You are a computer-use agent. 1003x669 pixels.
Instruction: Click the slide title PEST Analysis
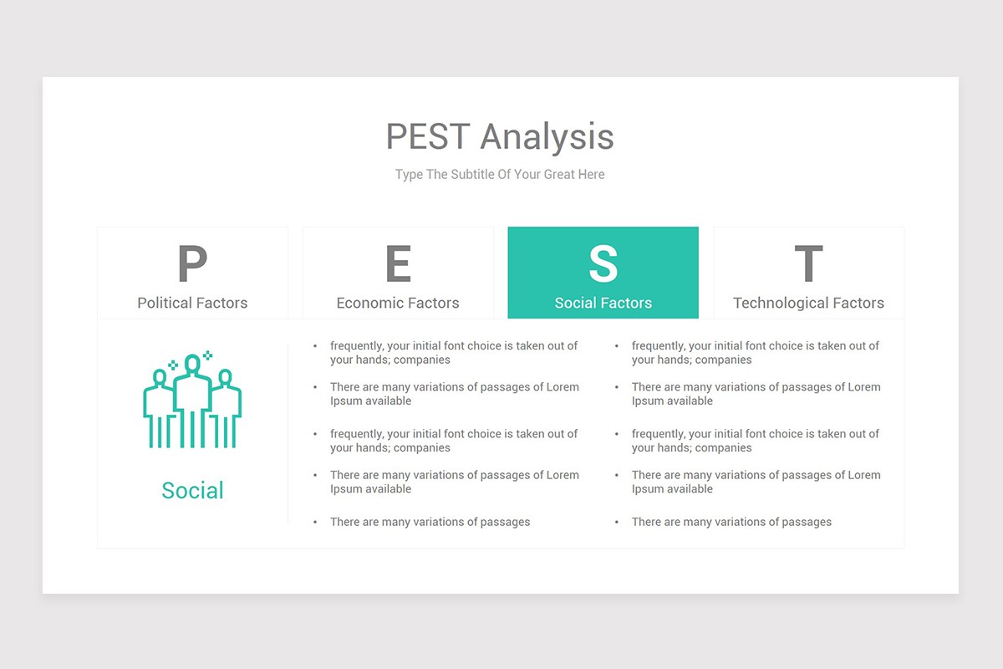point(500,136)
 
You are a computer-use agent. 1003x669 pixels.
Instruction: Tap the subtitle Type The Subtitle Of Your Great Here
point(500,174)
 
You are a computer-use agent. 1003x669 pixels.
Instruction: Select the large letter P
point(192,263)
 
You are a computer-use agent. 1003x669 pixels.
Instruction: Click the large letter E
point(398,263)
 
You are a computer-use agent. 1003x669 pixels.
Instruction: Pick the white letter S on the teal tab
point(603,263)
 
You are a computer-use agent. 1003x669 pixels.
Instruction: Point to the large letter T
point(808,263)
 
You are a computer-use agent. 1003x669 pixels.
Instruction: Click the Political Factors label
point(192,303)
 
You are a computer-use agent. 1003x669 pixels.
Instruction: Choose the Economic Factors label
point(398,303)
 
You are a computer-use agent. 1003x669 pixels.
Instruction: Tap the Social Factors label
point(603,303)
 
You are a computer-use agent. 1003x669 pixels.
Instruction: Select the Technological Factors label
point(808,304)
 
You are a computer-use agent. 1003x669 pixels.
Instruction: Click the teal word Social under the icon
point(192,490)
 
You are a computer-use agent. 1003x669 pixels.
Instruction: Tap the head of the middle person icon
point(192,363)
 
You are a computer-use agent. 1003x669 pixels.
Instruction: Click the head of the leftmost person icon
point(160,377)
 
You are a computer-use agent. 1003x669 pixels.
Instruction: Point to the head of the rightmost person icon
point(225,377)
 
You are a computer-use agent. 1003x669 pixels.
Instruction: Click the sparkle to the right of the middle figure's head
point(207,355)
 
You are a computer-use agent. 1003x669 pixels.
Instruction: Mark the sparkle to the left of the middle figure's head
point(173,365)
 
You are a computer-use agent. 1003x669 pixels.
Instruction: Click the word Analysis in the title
point(547,137)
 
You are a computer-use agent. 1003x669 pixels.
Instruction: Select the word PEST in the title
point(427,136)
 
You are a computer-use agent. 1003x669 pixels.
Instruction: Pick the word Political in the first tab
point(165,303)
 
